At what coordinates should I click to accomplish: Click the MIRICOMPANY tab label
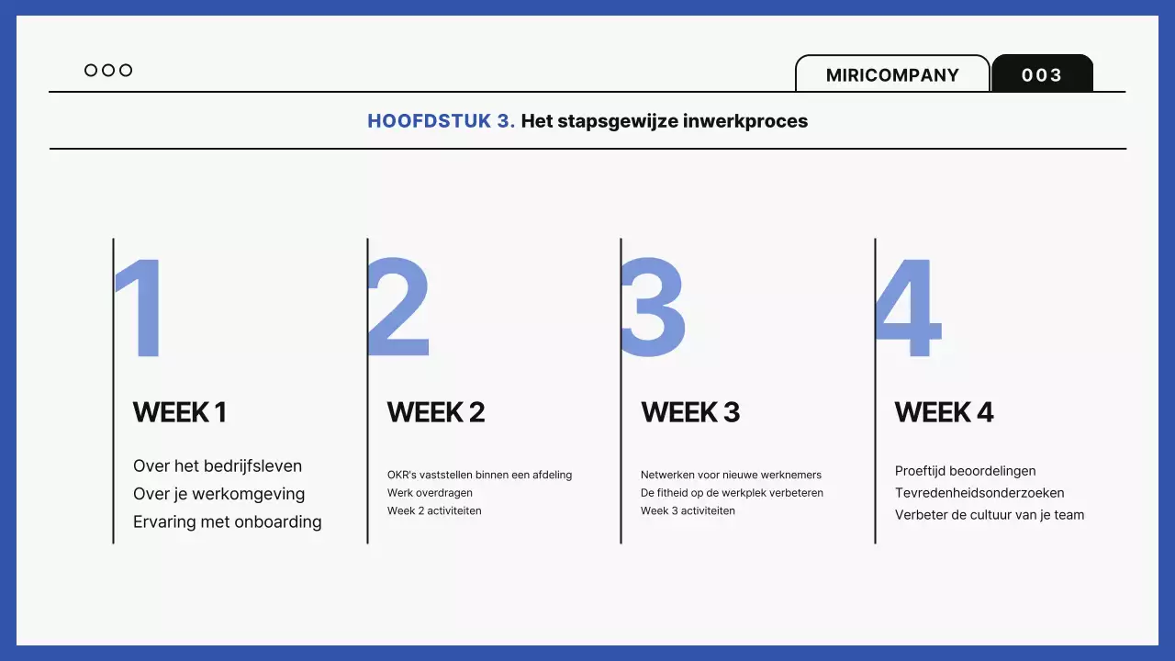coord(892,75)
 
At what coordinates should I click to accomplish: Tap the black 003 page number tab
coord(1042,75)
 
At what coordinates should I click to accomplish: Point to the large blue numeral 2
coord(398,308)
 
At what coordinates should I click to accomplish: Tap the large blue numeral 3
coord(653,308)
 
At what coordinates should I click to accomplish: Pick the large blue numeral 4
coord(909,308)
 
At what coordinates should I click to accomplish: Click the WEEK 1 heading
coord(180,412)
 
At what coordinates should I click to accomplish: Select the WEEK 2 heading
coord(436,412)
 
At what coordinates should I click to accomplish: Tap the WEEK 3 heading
coord(690,412)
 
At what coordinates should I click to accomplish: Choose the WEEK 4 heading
coord(945,412)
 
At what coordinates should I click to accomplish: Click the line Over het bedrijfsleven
coord(218,466)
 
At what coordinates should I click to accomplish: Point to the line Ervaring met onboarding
coord(228,522)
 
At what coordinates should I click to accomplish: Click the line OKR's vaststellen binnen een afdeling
coord(479,475)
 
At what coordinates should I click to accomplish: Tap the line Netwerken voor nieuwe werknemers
coord(731,475)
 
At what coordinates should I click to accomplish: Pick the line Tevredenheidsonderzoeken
coord(979,493)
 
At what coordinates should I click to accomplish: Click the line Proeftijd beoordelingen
coord(965,471)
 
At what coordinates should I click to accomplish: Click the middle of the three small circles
coord(108,71)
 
